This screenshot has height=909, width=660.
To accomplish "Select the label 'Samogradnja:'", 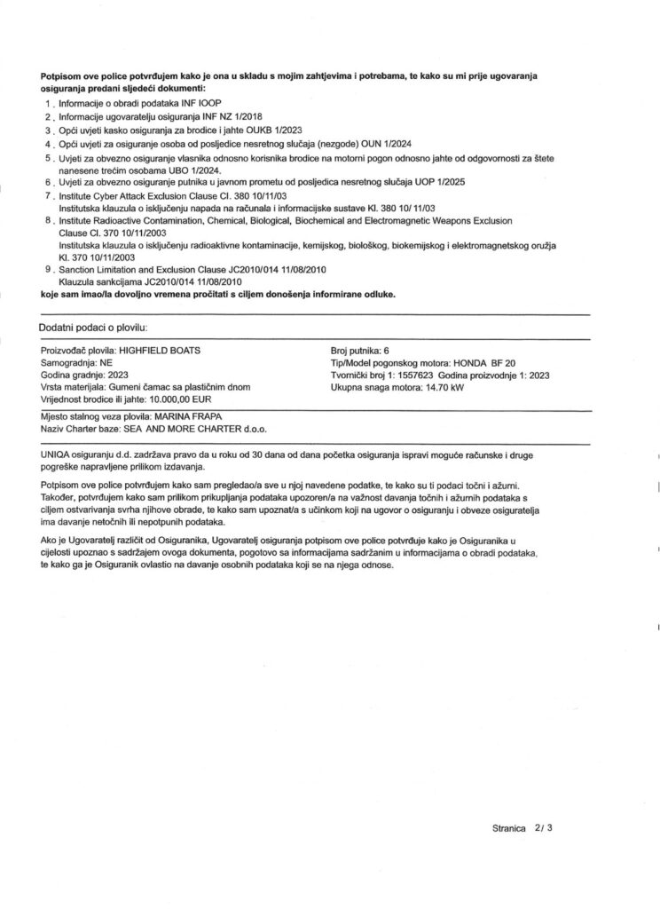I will (71, 363).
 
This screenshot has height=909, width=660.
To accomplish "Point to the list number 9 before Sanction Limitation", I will (46, 267).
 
